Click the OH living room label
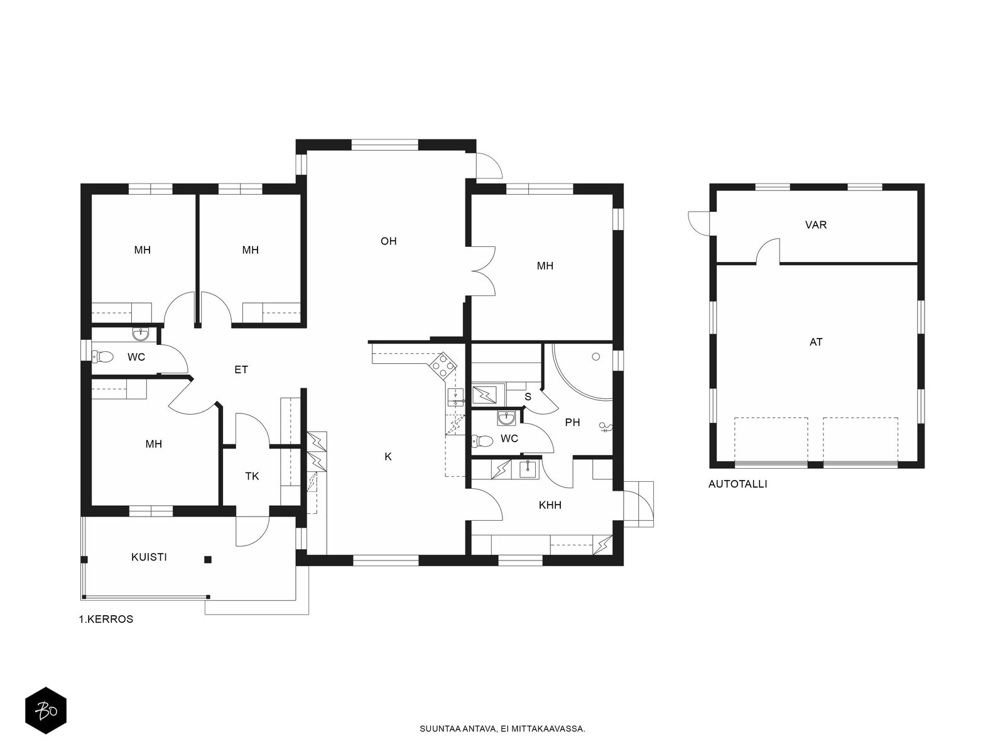[388, 241]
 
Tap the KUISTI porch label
[149, 557]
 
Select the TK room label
[252, 476]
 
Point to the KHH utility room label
[550, 505]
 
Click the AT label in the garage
[816, 342]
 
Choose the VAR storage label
[816, 225]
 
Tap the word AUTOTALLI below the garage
[737, 484]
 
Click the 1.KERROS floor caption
[106, 619]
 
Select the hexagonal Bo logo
[46, 711]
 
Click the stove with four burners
[442, 365]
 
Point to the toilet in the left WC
[102, 356]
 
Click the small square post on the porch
[208, 559]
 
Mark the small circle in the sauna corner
[595, 357]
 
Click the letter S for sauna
[528, 397]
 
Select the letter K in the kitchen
[388, 456]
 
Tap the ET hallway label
[241, 369]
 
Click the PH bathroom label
[572, 422]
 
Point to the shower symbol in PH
[606, 428]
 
